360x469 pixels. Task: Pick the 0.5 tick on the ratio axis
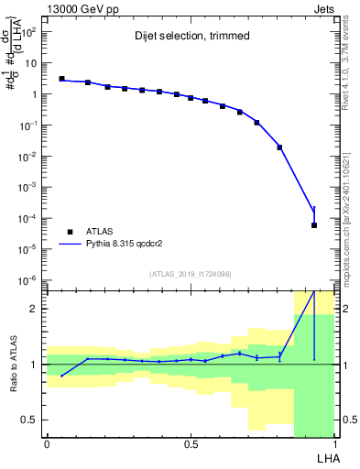[x=33, y=420]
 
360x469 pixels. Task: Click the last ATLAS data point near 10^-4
[x=314, y=225]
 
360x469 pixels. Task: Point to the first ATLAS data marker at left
[x=61, y=79]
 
